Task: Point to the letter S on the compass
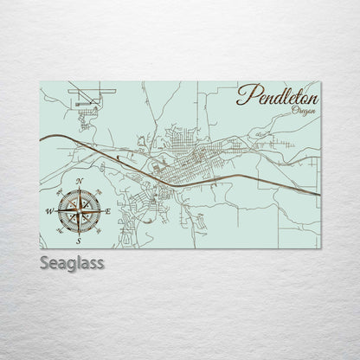(80, 241)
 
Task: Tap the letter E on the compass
(109, 210)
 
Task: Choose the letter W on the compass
(49, 210)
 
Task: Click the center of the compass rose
(80, 210)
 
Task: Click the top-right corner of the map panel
(320, 82)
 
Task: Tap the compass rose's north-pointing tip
(80, 190)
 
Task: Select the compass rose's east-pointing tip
(101, 210)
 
